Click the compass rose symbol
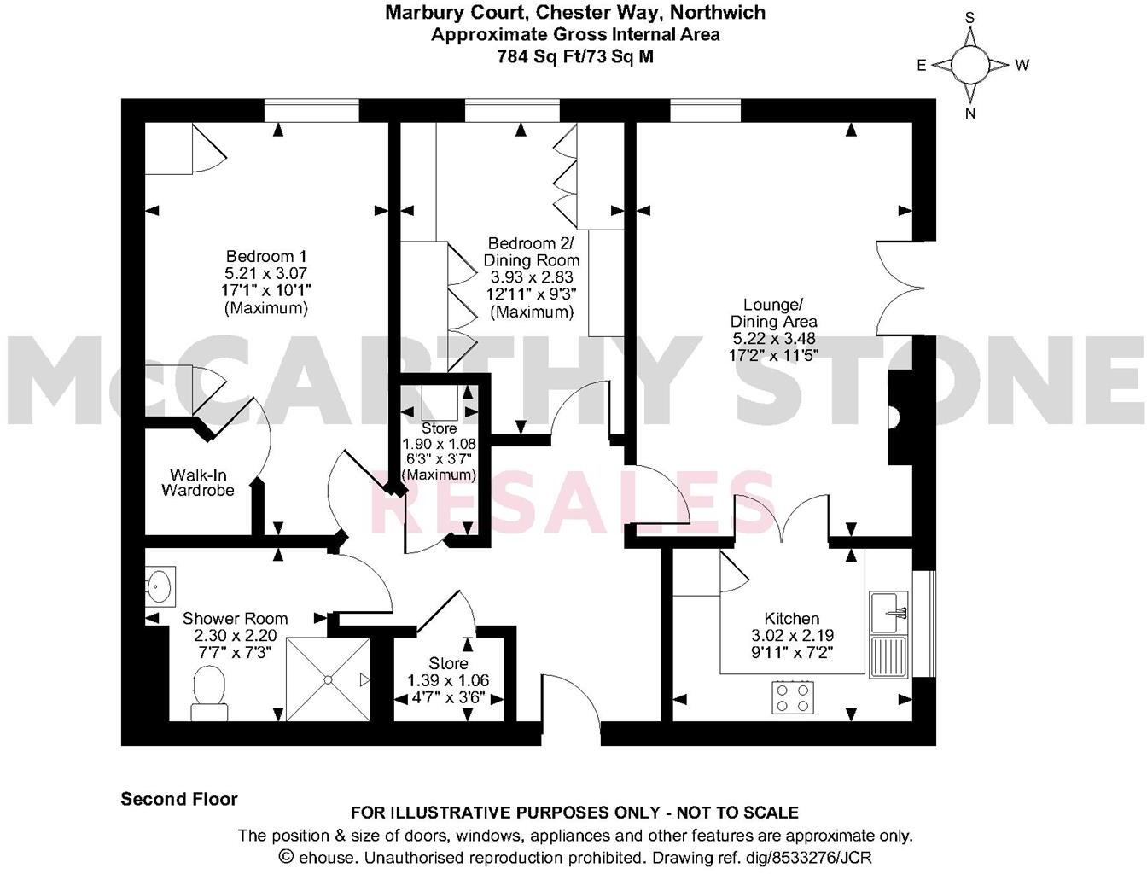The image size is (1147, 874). pos(970,65)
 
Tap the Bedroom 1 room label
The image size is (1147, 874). pos(266,257)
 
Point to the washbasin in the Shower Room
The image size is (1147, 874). pos(158,586)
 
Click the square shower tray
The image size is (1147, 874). pos(328,679)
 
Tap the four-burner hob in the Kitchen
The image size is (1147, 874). pos(792,696)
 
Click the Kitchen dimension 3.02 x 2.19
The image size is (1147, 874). pos(792,636)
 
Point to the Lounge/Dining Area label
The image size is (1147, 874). pos(773,313)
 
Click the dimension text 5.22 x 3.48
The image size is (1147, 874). pos(773,339)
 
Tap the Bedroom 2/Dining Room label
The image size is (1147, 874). pos(532,252)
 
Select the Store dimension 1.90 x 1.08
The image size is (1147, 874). pos(439,445)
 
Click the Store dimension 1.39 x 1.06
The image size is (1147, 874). pos(448,681)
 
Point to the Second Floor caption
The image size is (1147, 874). pos(179,800)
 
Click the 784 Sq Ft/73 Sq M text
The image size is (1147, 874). pos(575,56)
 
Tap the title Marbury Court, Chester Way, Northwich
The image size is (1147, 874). pos(575,13)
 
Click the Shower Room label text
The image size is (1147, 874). pos(236,619)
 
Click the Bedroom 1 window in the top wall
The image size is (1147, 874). pos(311,111)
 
